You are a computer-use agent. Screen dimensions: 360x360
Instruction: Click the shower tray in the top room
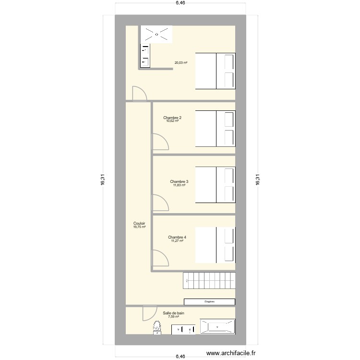coord(156,34)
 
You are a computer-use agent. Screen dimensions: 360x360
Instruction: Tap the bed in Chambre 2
coord(215,128)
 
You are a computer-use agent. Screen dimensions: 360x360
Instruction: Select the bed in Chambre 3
coord(215,185)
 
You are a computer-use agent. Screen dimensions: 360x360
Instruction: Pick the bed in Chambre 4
coord(215,245)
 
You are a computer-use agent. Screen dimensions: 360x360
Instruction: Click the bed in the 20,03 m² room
coord(215,71)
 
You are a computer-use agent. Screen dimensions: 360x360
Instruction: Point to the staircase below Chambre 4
coord(209,280)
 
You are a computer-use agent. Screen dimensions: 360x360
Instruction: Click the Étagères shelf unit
coord(209,302)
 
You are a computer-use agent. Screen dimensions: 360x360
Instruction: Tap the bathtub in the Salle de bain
coord(217,327)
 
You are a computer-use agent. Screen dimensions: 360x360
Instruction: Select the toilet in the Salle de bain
coord(157,328)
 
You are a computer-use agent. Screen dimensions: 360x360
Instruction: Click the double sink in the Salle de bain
coord(184,329)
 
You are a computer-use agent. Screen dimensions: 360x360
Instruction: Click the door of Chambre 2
coord(160,142)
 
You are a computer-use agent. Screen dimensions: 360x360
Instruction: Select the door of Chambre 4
coord(160,258)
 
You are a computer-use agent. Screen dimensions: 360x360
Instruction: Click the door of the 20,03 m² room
coord(140,93)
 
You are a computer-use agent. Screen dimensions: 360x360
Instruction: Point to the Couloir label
coord(139,223)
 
